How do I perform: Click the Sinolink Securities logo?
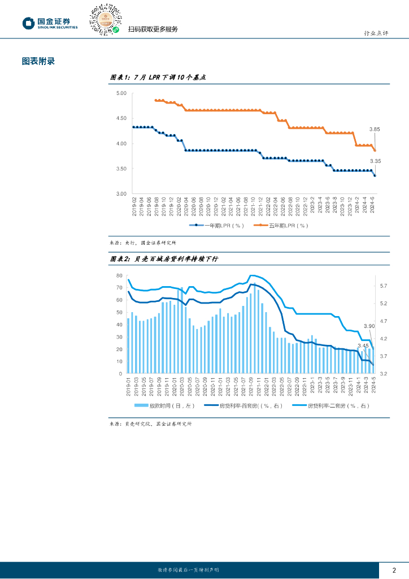coord(50,23)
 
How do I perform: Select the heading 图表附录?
coord(38,61)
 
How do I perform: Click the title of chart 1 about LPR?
coord(157,78)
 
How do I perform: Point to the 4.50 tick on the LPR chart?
coord(120,118)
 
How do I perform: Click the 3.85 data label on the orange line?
coord(375,129)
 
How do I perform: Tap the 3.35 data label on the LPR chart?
coord(375,161)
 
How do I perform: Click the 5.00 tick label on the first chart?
coord(120,93)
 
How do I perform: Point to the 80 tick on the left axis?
coord(119,275)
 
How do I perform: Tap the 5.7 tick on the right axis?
coord(383,286)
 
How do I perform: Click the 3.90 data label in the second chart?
coord(369,326)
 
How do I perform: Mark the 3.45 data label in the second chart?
coord(363,345)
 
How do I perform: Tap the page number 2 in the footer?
coord(394,570)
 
